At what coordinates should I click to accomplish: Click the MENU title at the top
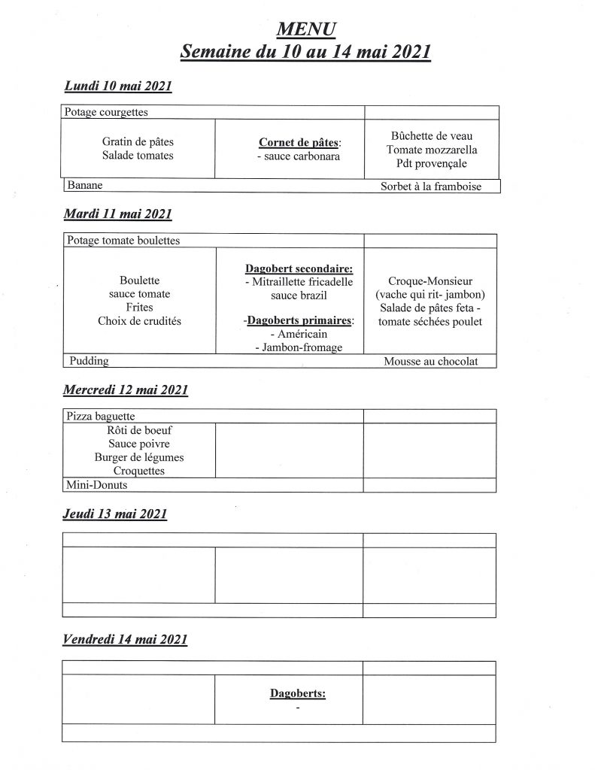tap(306, 29)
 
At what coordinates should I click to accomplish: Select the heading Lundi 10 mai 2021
tap(118, 86)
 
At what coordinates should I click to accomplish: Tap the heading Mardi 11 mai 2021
tap(118, 214)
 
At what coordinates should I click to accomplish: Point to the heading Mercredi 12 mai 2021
tap(126, 390)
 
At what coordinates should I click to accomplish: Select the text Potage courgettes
tap(106, 113)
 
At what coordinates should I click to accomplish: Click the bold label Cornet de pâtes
tap(299, 142)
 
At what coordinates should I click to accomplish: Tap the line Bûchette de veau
tap(432, 135)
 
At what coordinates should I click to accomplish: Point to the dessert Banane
tap(85, 184)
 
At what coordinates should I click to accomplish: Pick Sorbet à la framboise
tap(431, 187)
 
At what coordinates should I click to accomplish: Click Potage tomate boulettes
tap(122, 241)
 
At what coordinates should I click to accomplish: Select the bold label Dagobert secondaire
tap(299, 268)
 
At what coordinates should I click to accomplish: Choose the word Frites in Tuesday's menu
tap(139, 308)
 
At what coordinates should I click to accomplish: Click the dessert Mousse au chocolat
tap(430, 362)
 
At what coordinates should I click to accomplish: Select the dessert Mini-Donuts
tap(96, 485)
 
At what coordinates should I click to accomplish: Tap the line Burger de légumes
tap(139, 457)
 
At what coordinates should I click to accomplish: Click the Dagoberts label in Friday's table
tap(298, 694)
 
